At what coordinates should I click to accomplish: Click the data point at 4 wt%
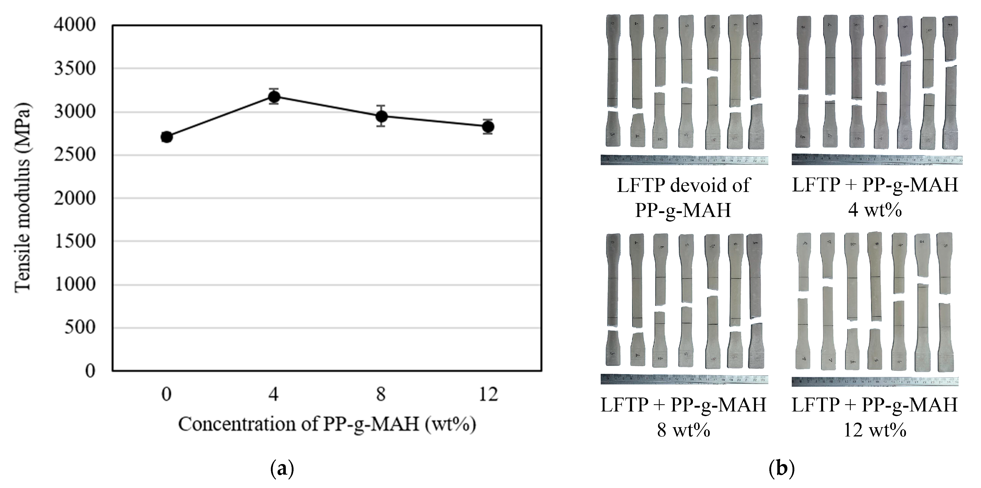[274, 97]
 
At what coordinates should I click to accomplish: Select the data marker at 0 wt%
[166, 137]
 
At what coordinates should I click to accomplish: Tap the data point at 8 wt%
[381, 116]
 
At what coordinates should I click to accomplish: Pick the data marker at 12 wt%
[488, 127]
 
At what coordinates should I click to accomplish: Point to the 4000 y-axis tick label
[75, 25]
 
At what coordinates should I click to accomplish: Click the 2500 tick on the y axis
[75, 155]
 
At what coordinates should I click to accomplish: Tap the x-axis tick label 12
[488, 394]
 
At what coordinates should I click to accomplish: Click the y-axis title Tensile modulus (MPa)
[23, 198]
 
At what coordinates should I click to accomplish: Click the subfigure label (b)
[782, 469]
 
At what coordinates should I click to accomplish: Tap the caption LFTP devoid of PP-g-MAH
[684, 197]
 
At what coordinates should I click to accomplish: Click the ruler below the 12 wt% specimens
[875, 381]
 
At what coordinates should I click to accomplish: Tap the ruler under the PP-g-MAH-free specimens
[684, 160]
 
